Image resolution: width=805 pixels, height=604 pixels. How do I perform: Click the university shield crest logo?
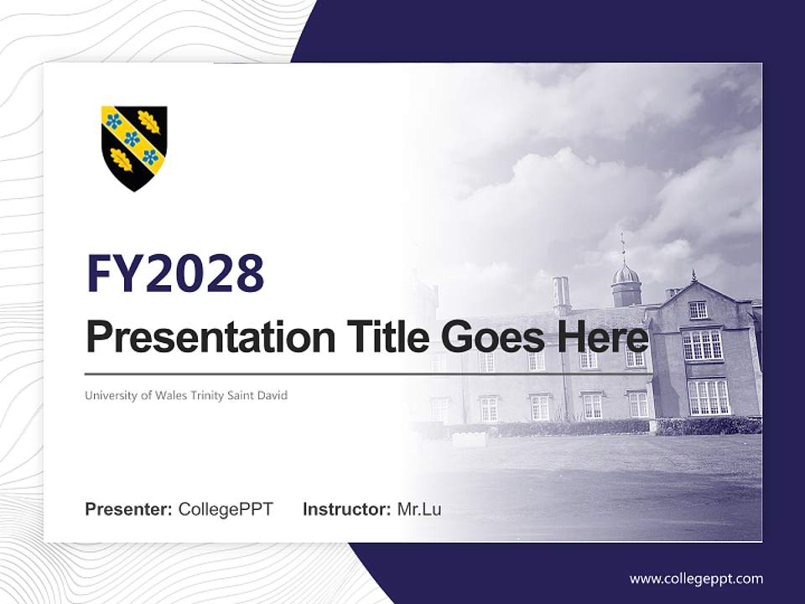coord(134,147)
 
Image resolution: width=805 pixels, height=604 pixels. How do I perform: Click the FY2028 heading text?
coord(175,273)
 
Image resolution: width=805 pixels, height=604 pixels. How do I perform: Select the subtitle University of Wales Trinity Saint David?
coord(186,395)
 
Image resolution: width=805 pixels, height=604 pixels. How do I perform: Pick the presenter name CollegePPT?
coord(226,509)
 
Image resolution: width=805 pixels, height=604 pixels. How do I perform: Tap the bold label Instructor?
coord(346,509)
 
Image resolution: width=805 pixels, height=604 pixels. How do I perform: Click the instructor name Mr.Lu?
coord(419,509)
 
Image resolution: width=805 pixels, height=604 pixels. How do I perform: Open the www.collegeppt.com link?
coord(696,579)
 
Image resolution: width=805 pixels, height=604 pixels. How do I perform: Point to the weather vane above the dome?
coord(623,247)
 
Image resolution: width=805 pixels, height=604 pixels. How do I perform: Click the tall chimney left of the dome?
coord(561,294)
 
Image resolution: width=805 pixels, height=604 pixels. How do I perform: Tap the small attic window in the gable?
coord(697,310)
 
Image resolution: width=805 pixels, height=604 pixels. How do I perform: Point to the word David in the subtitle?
coord(273,395)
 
